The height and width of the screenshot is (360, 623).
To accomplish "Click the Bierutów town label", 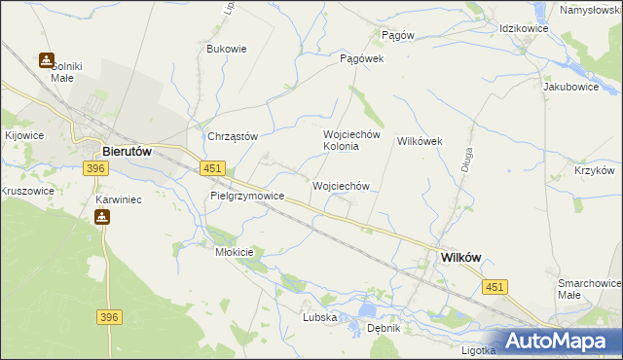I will click(127, 151).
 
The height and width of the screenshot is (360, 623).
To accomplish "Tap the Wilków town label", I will click(461, 257).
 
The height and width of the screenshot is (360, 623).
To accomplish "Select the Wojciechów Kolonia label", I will click(342, 140).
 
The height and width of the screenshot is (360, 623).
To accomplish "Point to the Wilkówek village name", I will click(420, 141).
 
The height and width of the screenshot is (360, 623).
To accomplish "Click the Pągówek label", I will click(362, 58).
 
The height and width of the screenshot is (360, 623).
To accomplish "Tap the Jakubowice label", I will click(569, 86).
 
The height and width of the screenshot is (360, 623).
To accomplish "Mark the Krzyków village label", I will click(594, 169).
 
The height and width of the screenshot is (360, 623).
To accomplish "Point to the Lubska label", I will click(319, 317).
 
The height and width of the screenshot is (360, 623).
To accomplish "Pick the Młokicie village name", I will click(234, 252).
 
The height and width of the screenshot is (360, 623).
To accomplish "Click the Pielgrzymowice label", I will click(247, 196).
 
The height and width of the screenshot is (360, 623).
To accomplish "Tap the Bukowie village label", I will click(227, 48).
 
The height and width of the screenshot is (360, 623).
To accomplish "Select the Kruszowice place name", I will click(27, 192).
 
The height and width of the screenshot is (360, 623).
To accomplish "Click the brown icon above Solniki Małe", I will click(46, 60).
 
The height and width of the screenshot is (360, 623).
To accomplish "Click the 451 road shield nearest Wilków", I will click(495, 286).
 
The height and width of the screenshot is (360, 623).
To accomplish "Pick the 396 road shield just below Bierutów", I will click(94, 169).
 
